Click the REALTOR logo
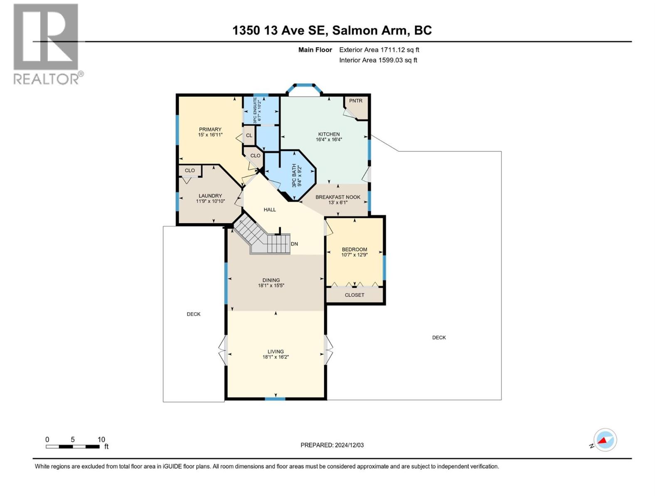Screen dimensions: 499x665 46,44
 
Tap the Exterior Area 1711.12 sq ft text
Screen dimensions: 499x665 379,50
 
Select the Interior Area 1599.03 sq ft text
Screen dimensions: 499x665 378,60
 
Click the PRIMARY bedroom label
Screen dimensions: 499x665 210,129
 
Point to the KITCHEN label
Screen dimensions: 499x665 329,134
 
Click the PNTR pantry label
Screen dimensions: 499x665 356,101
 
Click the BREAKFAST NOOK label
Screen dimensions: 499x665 337,197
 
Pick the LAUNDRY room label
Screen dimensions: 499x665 210,196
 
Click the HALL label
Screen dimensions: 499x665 270,210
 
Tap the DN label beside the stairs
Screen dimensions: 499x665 294,244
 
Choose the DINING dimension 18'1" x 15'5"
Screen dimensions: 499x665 271,286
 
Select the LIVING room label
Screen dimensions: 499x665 276,351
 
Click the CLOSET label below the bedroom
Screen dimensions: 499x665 355,295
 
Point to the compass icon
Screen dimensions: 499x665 605,440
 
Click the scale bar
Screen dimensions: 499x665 73,447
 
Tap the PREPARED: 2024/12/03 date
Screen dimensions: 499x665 332,445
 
